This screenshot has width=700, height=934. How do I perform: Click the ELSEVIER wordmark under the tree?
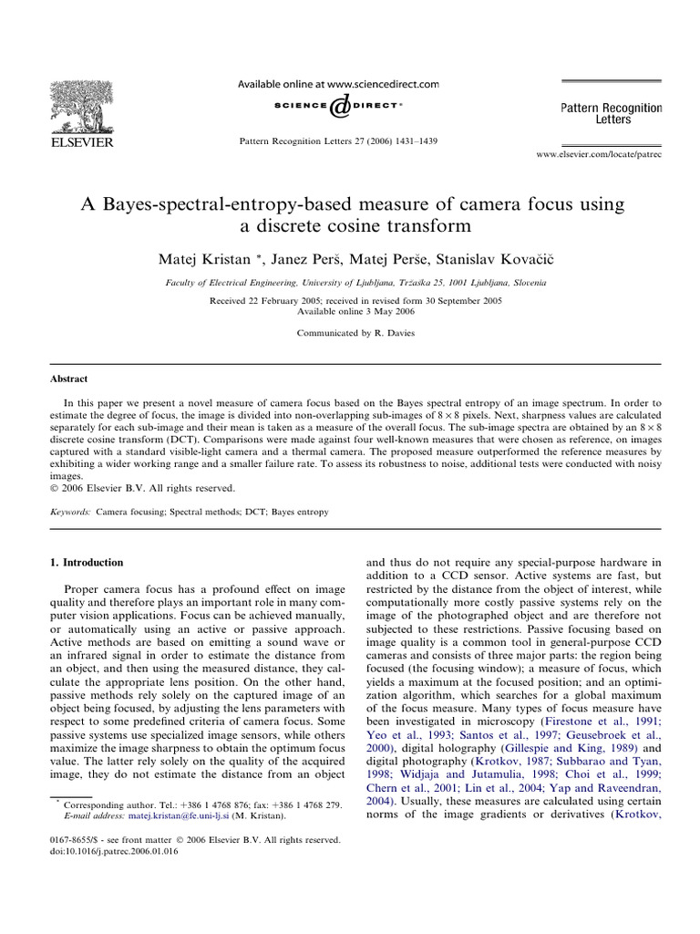pyautogui.click(x=81, y=142)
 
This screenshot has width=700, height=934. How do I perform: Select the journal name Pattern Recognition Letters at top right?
pyautogui.click(x=611, y=113)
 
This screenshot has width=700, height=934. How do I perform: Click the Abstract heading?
pyautogui.click(x=68, y=379)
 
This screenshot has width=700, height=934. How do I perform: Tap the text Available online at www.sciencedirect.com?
pyautogui.click(x=338, y=83)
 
